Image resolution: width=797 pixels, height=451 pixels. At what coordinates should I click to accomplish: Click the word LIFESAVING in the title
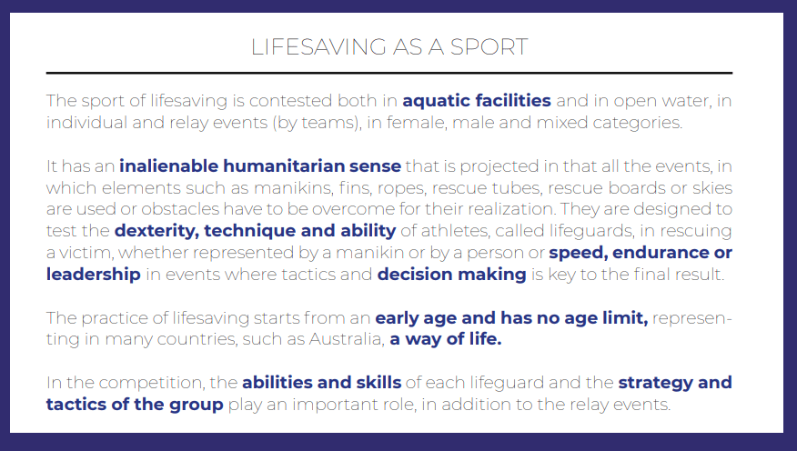318,46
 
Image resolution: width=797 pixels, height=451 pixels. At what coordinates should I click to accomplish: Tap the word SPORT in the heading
489,46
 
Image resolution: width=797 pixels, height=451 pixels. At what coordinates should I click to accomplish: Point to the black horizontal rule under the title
389,73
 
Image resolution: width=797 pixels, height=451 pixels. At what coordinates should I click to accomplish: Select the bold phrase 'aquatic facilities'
477,101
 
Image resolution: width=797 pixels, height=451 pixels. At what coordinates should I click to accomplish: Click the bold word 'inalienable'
168,166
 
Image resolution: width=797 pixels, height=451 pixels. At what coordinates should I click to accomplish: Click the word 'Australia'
347,339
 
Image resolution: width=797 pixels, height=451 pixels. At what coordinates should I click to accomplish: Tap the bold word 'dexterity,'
156,231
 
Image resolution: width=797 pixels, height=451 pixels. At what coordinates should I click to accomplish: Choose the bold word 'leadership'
94,275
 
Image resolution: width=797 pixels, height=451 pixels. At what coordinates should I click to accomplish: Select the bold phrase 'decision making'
452,275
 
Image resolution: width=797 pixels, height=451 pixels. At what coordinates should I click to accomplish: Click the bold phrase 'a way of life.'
446,339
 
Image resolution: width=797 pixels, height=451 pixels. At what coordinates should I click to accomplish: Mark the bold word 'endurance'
661,253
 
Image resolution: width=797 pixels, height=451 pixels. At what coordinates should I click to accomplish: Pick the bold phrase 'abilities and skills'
322,383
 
